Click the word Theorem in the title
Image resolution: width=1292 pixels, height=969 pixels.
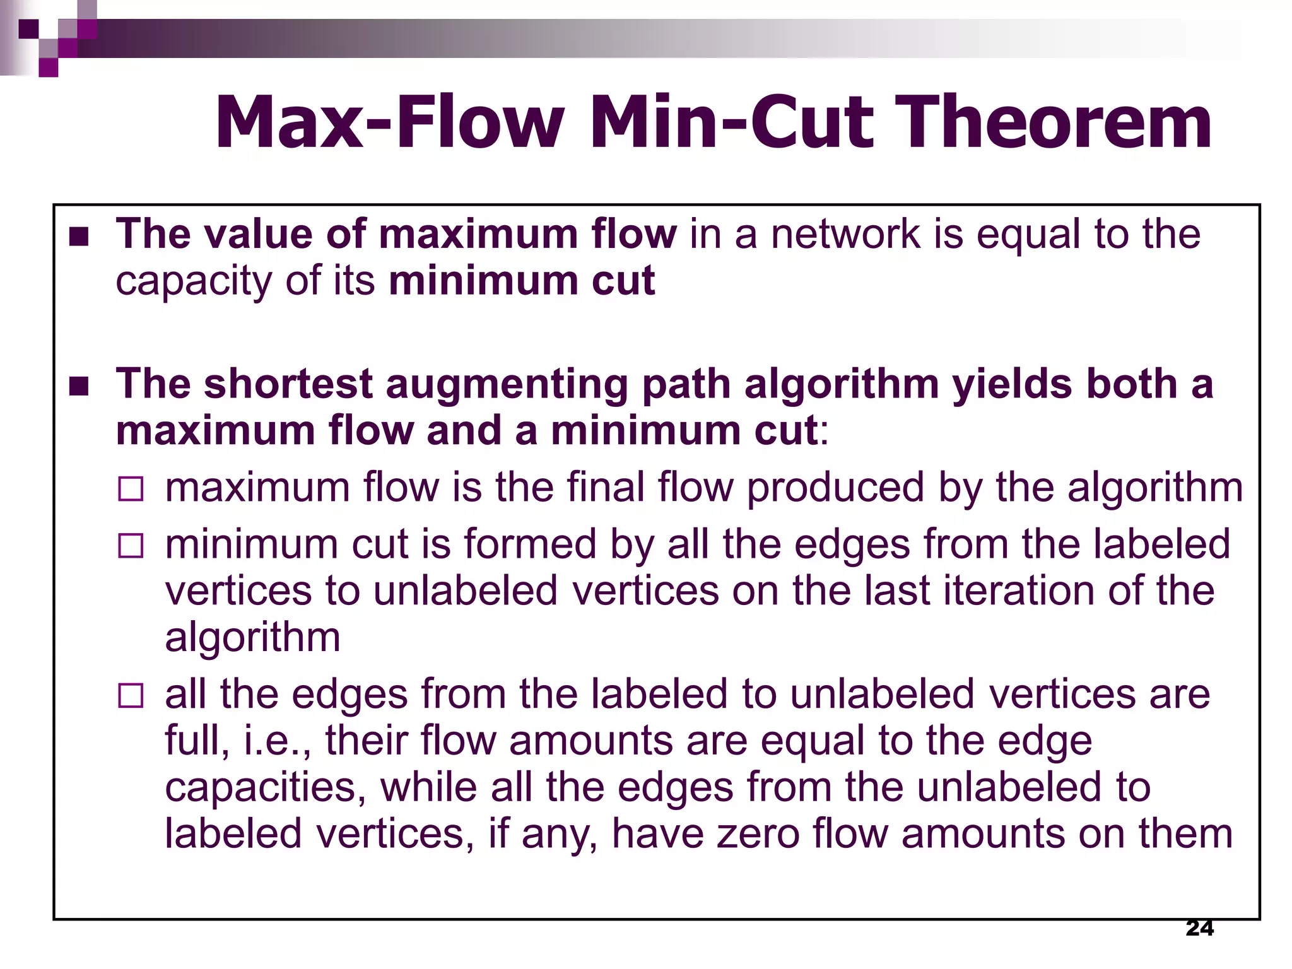point(1052,122)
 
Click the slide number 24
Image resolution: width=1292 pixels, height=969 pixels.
point(1199,928)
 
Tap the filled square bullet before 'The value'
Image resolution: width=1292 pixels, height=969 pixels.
point(79,237)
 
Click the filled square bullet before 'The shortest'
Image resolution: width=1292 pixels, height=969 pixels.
point(79,386)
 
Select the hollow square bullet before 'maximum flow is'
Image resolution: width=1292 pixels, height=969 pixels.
point(131,490)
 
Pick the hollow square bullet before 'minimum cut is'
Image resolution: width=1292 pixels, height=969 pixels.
point(131,546)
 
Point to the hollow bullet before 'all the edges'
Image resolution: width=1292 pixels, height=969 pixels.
point(131,696)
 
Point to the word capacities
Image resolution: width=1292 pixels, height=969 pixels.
point(265,788)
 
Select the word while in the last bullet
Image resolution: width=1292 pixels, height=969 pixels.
point(428,788)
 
